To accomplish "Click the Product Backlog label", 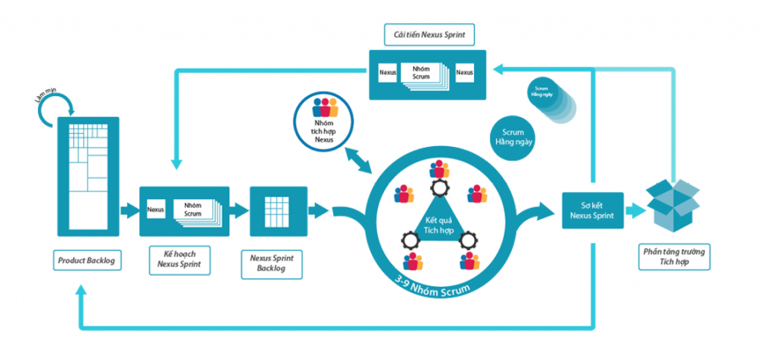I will tap(89, 261).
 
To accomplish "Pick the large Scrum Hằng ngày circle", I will tap(513, 139).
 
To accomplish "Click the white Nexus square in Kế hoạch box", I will tap(156, 210).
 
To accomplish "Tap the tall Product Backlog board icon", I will tap(89, 177).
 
